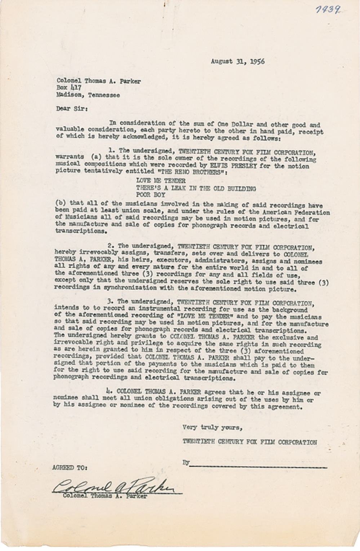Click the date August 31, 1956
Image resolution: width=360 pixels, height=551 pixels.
tap(237, 61)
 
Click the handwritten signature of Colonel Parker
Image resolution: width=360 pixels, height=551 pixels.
tap(115, 488)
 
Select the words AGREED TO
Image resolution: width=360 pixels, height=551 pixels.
tap(69, 468)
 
